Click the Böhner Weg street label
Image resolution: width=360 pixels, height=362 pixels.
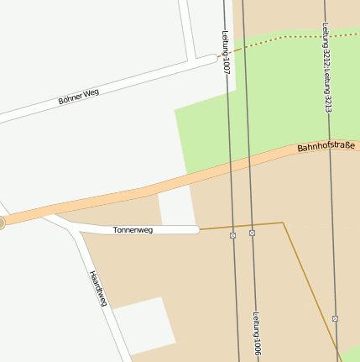pyautogui.click(x=79, y=97)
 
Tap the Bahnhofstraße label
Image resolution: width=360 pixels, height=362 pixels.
pyautogui.click(x=326, y=147)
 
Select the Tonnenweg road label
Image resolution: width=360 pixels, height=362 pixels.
pyautogui.click(x=133, y=229)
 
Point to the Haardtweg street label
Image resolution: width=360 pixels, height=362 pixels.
pyautogui.click(x=98, y=288)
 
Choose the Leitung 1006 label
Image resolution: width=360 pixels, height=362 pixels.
pyautogui.click(x=256, y=336)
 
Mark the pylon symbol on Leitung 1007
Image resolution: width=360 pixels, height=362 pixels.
pyautogui.click(x=232, y=236)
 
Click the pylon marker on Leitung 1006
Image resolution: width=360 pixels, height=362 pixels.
pyautogui.click(x=252, y=232)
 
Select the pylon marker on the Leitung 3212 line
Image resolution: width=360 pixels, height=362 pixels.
pyautogui.click(x=335, y=318)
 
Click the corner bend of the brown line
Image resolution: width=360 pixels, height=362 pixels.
pyautogui.click(x=283, y=223)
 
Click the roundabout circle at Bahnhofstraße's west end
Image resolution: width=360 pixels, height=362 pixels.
pyautogui.click(x=1, y=223)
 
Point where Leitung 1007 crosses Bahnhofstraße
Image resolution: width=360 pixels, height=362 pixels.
pyautogui.click(x=229, y=168)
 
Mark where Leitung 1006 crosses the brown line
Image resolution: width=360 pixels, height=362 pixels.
pyautogui.click(x=252, y=225)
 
